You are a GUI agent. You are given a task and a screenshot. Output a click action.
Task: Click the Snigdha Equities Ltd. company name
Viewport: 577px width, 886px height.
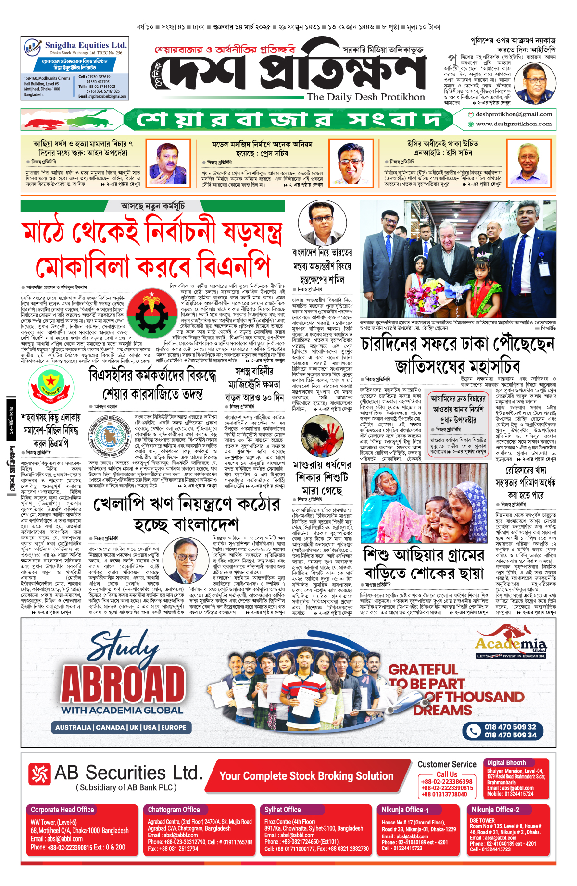[x=86, y=45]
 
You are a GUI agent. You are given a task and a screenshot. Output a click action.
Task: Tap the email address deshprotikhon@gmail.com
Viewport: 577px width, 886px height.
[x=514, y=114]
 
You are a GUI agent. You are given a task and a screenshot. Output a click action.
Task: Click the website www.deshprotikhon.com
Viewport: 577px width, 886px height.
[x=514, y=124]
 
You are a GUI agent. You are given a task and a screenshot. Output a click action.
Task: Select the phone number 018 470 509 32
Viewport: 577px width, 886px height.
[x=510, y=727]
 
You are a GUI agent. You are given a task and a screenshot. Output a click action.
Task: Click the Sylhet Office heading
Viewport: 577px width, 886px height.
[x=282, y=810]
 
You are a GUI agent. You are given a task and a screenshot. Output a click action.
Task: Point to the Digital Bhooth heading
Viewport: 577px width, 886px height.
[x=506, y=762]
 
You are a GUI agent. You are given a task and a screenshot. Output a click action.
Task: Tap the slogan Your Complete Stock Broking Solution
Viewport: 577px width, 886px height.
[x=306, y=775]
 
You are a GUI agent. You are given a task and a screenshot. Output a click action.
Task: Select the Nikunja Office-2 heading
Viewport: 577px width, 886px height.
[x=495, y=810]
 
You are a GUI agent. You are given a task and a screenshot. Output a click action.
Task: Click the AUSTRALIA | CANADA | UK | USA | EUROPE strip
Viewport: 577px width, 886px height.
[x=121, y=727]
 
